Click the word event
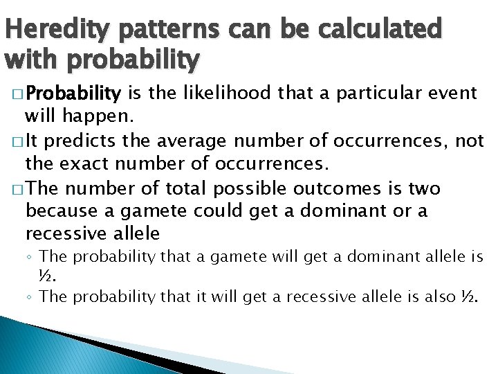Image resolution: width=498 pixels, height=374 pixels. [450, 93]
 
